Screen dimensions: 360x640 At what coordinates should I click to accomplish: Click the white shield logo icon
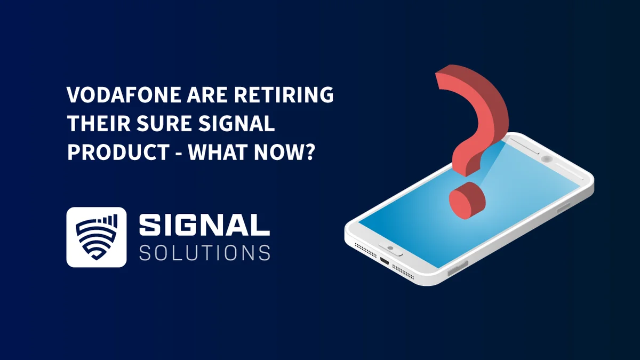coord(97,237)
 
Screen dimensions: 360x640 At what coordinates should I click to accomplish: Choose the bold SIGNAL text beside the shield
coord(204,225)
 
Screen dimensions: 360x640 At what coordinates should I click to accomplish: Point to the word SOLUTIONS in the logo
coord(204,252)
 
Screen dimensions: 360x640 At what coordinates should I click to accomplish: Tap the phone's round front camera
coord(546,158)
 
